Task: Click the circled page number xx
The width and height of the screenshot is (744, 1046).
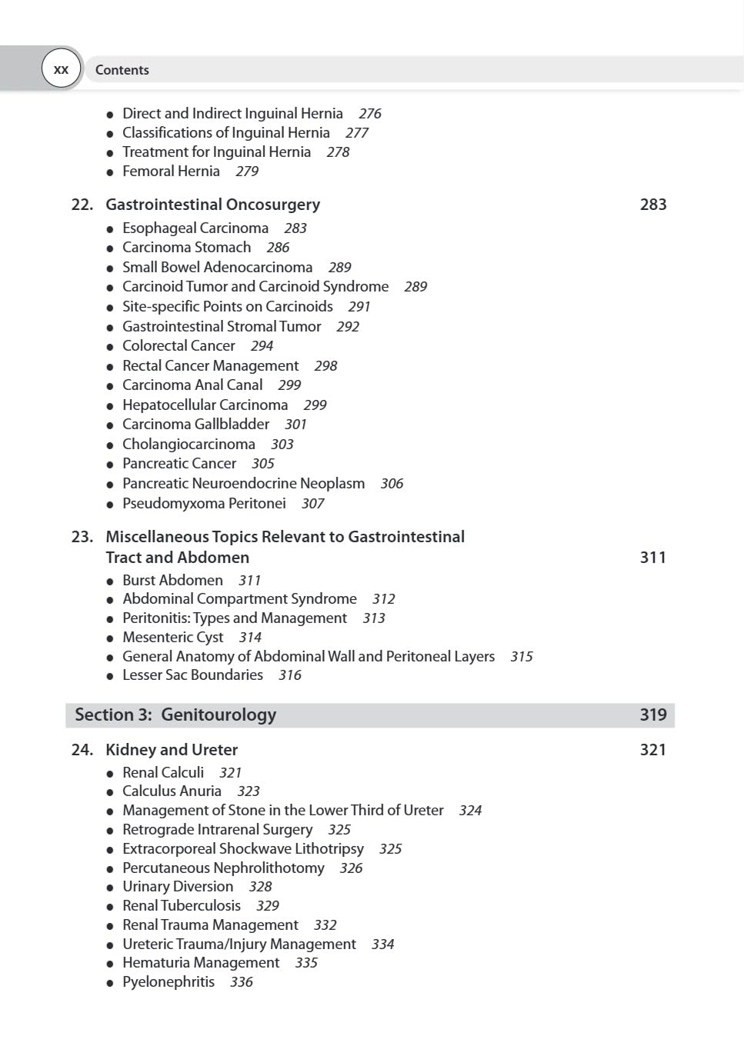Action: (x=61, y=69)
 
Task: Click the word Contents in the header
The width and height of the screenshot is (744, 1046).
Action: (x=122, y=70)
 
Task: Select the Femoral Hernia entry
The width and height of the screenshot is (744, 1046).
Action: (x=171, y=171)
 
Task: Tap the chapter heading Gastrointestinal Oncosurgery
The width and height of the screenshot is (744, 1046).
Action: (x=212, y=205)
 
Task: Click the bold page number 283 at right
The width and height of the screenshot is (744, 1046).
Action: (x=652, y=205)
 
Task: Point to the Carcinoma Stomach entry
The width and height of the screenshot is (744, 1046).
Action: (x=186, y=248)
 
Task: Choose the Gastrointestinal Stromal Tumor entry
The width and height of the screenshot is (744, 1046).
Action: (x=222, y=326)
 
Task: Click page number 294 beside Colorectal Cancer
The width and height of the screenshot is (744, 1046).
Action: (x=262, y=346)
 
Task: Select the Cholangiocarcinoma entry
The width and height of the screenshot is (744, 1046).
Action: (x=189, y=445)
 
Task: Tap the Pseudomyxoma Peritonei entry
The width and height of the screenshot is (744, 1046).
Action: (x=204, y=504)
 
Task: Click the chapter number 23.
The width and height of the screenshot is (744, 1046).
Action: (x=82, y=537)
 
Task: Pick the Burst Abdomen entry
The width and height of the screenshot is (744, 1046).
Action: (x=172, y=580)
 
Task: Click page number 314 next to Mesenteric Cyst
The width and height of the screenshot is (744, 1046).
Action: (x=250, y=638)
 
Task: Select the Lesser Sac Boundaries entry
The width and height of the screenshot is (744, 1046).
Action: (x=192, y=675)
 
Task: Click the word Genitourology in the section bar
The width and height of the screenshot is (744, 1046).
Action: (x=219, y=715)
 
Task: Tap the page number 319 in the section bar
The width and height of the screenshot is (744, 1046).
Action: (x=652, y=715)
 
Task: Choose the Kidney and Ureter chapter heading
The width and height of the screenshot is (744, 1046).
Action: (x=172, y=750)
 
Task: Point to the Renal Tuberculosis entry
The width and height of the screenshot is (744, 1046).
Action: (x=182, y=906)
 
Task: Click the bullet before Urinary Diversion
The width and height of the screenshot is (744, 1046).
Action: (x=110, y=888)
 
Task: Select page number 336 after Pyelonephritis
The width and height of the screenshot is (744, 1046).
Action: (x=242, y=982)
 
